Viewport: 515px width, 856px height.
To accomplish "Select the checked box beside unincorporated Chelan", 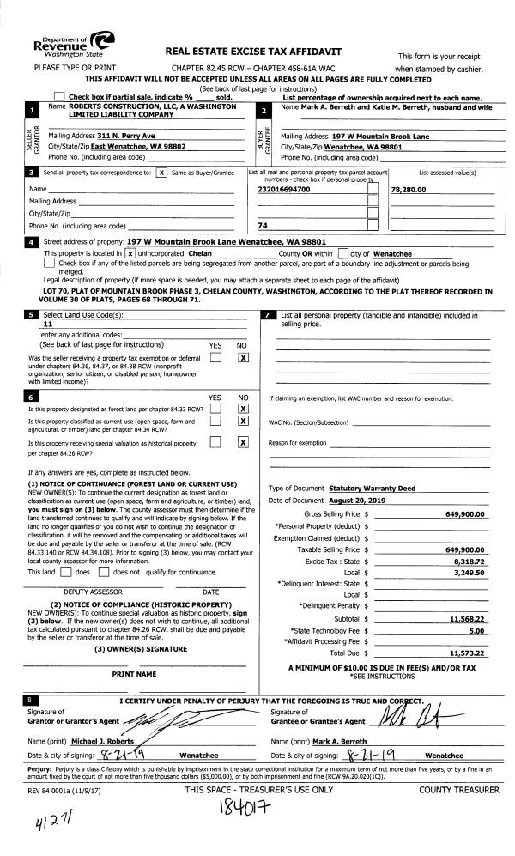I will (130, 254).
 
